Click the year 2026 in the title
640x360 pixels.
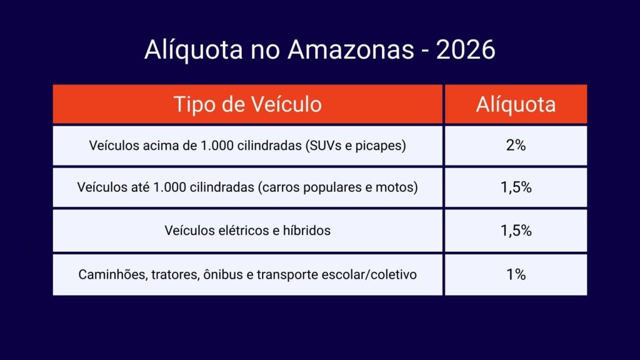(466, 49)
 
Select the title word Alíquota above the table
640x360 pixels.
(194, 49)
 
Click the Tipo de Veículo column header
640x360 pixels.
(247, 104)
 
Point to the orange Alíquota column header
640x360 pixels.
(516, 104)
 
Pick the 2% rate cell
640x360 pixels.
(516, 145)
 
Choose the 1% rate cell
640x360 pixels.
(516, 274)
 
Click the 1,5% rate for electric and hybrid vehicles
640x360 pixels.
(516, 231)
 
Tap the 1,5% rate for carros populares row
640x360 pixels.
(516, 187)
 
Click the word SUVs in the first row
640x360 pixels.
(323, 145)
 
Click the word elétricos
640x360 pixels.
(245, 231)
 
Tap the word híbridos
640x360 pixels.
(306, 231)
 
